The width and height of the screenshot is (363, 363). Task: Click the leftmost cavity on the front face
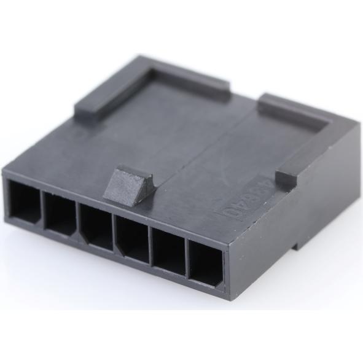[x=24, y=203]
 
